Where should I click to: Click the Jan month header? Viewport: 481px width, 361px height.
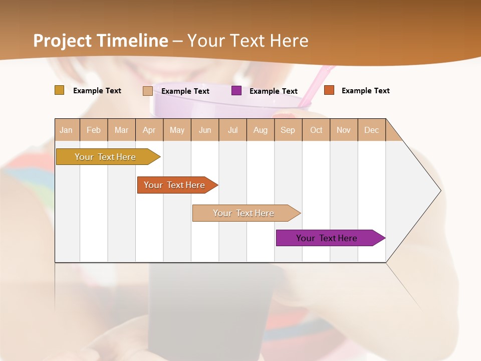pos(67,130)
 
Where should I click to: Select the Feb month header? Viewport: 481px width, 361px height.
pos(94,130)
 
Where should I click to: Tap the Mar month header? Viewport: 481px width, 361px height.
pos(121,130)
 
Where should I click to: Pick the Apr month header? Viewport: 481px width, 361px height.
pos(149,130)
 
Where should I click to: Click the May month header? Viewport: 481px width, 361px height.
pos(177,130)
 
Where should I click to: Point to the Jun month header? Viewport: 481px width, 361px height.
pos(205,130)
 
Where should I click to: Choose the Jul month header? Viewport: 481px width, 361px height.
pos(233,130)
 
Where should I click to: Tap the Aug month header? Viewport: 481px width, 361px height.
pos(261,130)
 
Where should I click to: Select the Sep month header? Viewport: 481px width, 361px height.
pos(288,130)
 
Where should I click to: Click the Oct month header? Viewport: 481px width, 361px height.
pos(316,130)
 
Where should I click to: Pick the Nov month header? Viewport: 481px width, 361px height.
pos(344,130)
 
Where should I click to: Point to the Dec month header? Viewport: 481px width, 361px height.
pos(372,130)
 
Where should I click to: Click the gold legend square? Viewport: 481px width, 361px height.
pos(60,90)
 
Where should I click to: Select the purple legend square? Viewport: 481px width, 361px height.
pos(236,91)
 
